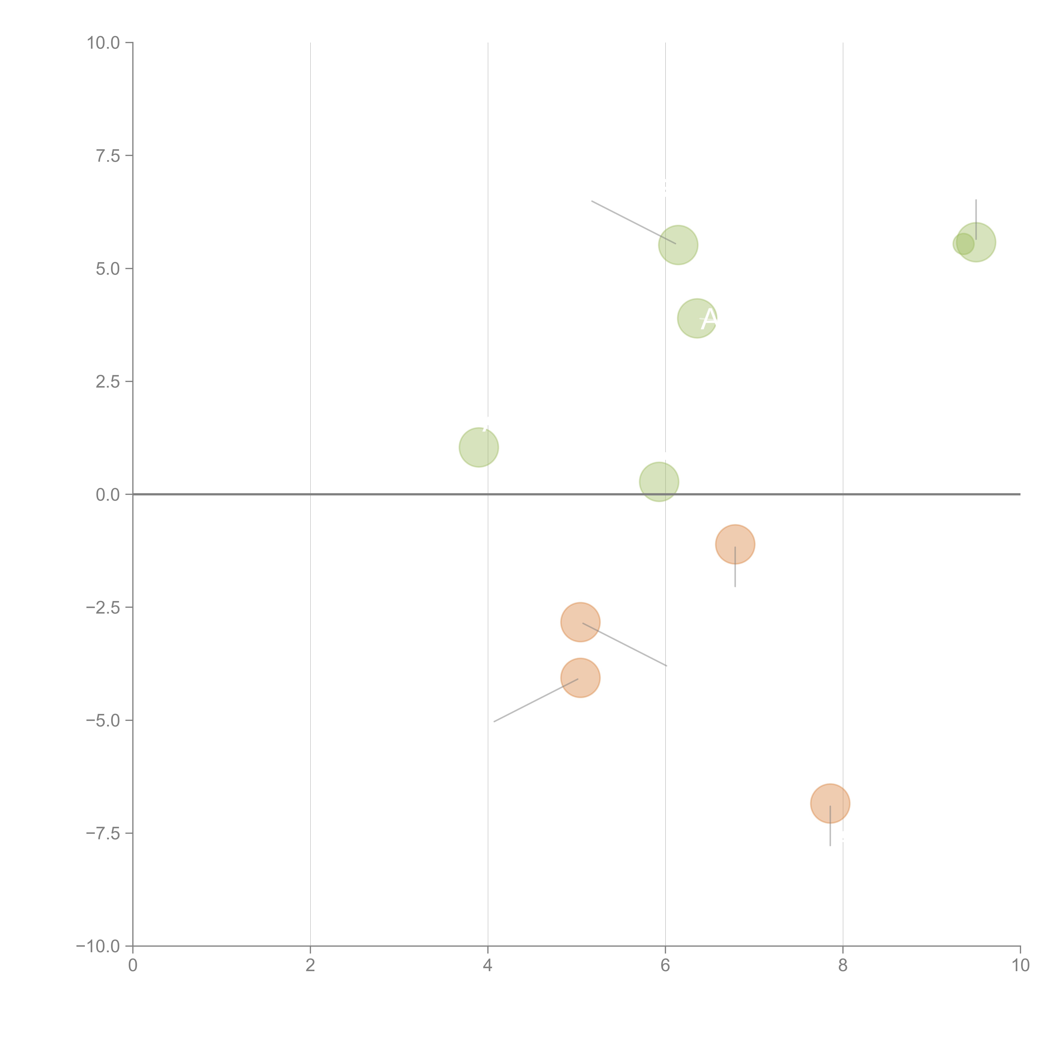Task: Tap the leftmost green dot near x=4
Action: click(x=479, y=447)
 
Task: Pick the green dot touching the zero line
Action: click(x=659, y=481)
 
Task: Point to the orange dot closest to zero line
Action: click(x=735, y=544)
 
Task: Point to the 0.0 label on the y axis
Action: click(x=108, y=495)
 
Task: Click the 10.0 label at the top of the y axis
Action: click(x=104, y=43)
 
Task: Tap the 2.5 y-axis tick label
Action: click(x=108, y=382)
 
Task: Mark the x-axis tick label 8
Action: click(x=842, y=966)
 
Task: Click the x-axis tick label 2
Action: click(x=310, y=966)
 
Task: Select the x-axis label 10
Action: click(x=1020, y=966)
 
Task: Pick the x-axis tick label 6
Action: click(x=665, y=966)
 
